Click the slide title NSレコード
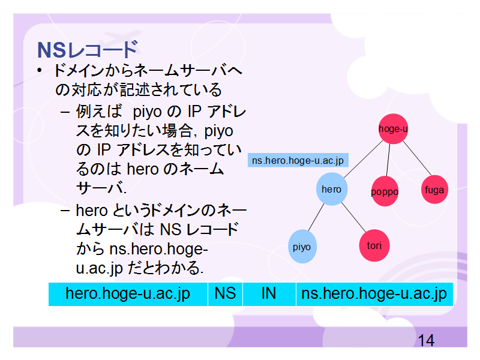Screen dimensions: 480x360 [88, 50]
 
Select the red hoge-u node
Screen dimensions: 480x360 [393, 128]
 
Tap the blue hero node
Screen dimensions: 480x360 [332, 189]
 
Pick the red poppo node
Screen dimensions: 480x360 [385, 191]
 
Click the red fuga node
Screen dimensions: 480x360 [434, 190]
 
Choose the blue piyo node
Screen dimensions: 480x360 [302, 247]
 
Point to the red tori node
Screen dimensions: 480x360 [374, 245]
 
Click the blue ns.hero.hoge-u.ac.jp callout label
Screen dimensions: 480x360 [298, 160]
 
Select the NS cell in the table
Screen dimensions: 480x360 [226, 294]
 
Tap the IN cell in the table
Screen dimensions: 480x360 [269, 294]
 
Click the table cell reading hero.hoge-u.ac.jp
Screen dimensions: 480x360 [128, 294]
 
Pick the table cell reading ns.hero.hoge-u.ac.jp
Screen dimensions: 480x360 [374, 294]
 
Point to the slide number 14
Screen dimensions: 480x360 [426, 340]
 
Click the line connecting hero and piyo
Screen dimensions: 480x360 [316, 217]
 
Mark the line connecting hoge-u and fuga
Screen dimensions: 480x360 [417, 158]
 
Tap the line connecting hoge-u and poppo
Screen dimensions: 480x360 [388, 160]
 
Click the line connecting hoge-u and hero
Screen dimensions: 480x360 [364, 159]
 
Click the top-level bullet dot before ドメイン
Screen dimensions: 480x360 [39, 71]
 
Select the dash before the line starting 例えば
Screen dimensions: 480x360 [65, 112]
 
